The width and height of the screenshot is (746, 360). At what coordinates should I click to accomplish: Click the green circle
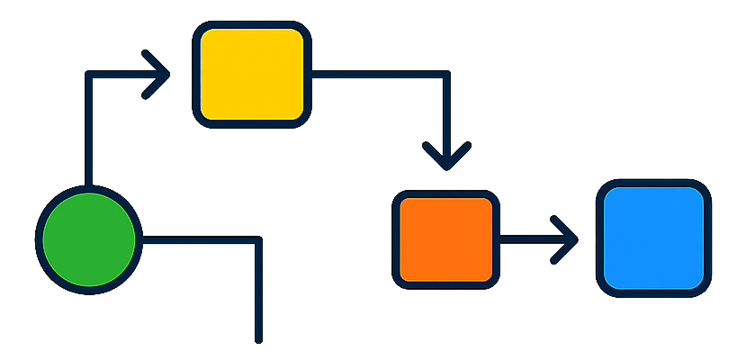(88, 239)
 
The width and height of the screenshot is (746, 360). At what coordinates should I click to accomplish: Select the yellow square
(251, 74)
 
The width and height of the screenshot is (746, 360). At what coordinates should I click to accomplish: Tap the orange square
(445, 239)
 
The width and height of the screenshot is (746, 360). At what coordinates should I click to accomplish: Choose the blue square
(653, 238)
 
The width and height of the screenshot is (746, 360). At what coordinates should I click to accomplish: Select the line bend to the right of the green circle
(258, 240)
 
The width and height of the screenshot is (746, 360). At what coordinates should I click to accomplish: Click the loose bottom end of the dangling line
(258, 339)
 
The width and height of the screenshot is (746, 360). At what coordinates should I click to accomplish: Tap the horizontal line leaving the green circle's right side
(198, 240)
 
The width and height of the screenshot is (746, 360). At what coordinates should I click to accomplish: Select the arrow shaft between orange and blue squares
(531, 239)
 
